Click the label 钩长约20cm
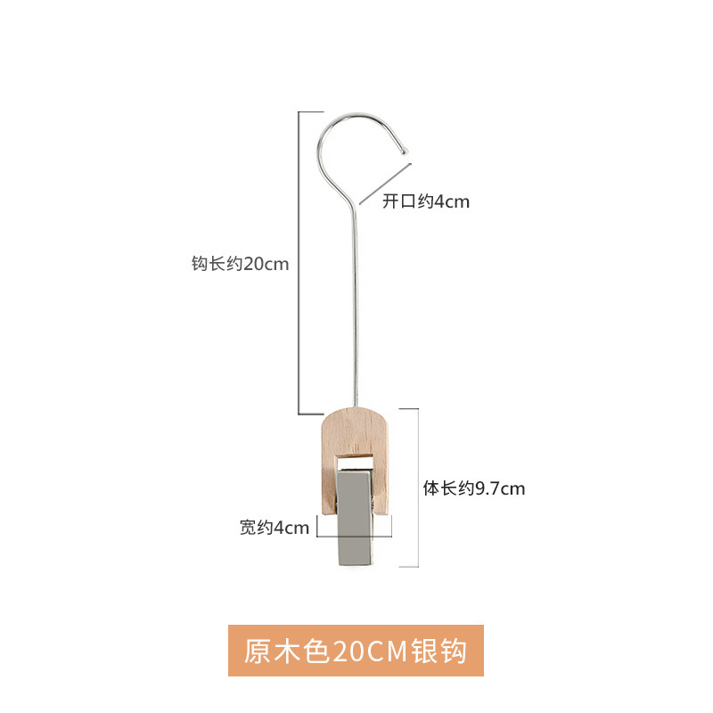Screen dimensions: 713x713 [241, 264]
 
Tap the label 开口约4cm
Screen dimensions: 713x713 [425, 201]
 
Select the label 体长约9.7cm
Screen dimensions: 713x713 [473, 488]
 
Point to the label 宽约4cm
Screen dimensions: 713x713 [274, 528]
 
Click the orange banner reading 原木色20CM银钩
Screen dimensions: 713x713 [356, 651]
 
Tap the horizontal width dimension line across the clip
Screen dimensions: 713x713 [355, 536]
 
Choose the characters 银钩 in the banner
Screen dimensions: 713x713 [438, 651]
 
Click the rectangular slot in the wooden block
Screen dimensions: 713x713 [355, 462]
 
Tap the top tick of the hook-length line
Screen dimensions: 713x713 [309, 112]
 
